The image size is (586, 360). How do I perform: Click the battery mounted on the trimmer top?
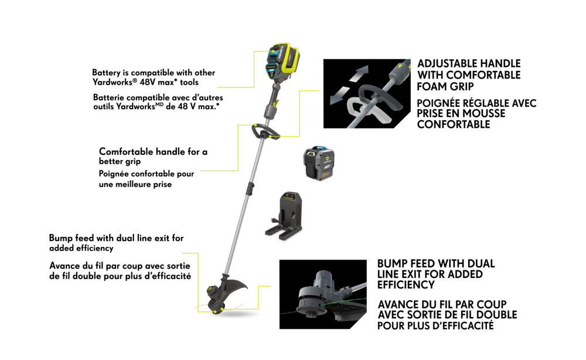[x=283, y=61]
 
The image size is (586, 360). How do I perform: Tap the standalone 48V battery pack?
[x=318, y=163]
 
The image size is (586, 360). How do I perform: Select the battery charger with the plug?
[x=285, y=216]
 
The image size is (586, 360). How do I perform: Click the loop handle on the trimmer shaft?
[x=265, y=132]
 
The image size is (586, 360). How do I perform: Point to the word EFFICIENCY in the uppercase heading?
[x=406, y=285]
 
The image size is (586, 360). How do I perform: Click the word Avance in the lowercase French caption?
[x=63, y=266]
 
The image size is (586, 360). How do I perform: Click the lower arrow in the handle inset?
[x=340, y=96]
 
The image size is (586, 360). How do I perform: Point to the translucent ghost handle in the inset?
[x=368, y=111]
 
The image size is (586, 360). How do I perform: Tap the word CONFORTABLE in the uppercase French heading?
[x=454, y=124]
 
